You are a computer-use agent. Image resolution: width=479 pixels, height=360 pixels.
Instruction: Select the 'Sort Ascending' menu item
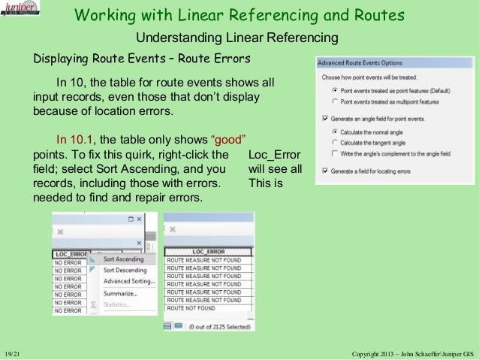125,259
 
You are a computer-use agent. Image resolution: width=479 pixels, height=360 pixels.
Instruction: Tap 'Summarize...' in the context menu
121,293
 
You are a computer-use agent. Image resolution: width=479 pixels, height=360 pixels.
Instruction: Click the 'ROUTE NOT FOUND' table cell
191,308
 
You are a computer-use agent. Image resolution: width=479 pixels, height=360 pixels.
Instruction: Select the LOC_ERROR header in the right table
209,251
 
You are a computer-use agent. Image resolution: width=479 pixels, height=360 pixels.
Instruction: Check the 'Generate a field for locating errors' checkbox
324,171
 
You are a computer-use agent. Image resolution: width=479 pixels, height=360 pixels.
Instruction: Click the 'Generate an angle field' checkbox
324,119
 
